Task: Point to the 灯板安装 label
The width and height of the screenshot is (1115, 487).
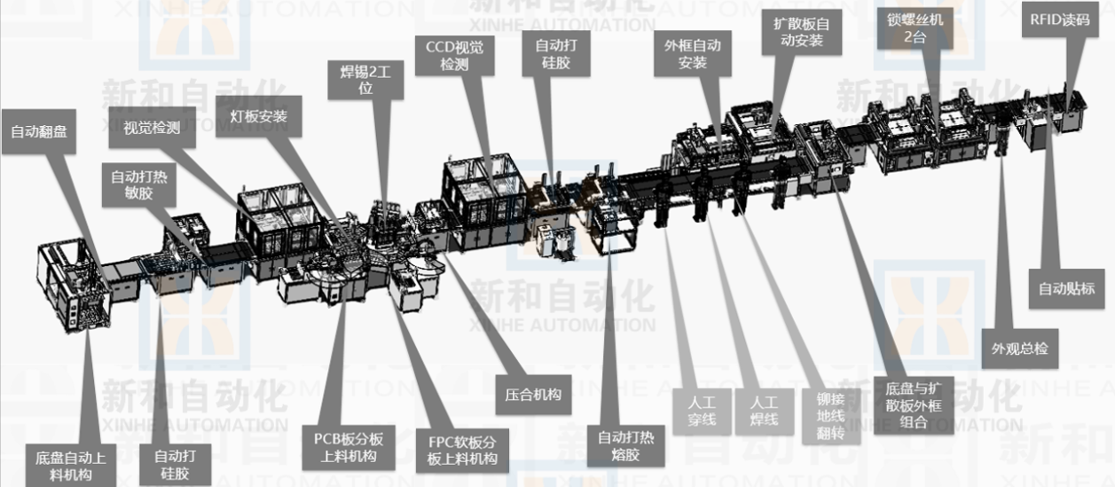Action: (x=258, y=116)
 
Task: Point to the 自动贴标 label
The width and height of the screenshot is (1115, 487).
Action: (x=1067, y=288)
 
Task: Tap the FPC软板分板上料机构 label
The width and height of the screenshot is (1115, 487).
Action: (x=457, y=451)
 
